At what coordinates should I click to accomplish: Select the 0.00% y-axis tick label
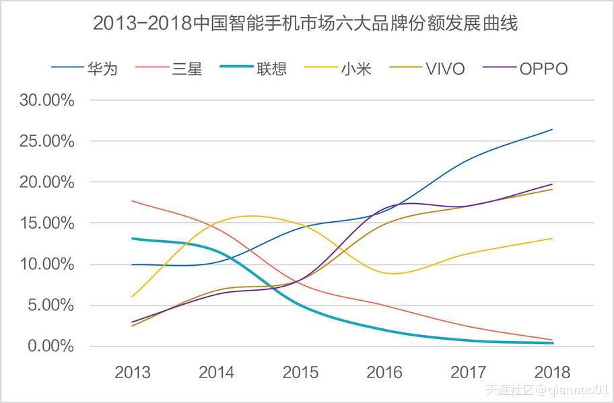tap(50, 346)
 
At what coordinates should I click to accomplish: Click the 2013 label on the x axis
tap(133, 372)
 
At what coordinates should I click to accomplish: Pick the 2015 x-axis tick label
tap(300, 372)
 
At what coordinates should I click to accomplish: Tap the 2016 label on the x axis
tap(384, 372)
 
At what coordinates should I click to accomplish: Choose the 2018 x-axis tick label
tap(552, 372)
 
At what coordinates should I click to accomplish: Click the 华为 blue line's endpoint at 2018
tap(552, 129)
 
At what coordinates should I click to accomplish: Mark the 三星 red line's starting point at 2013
tap(133, 200)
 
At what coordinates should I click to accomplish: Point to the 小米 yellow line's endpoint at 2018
tap(552, 238)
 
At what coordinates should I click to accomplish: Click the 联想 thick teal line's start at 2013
tap(133, 238)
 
